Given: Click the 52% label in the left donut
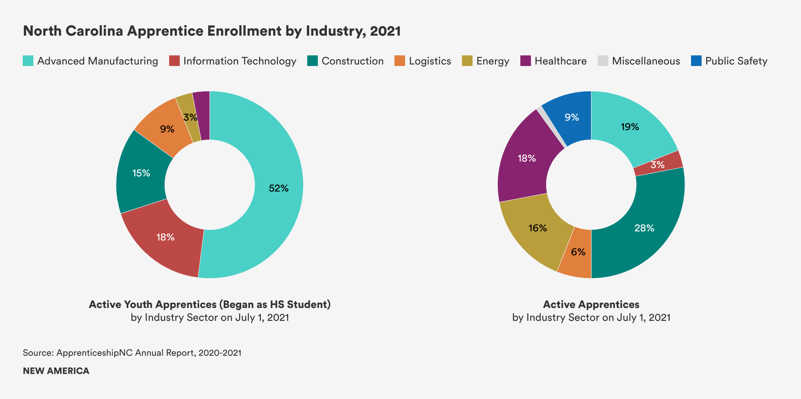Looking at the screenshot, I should point(278,188).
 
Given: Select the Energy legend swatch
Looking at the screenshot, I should point(467,61).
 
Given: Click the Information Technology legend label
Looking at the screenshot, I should point(240,61).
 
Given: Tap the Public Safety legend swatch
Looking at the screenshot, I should point(696,61).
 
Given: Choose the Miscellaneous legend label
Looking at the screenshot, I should point(646,61).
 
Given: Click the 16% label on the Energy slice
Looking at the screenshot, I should point(537,228).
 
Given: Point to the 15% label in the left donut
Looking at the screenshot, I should point(141,173).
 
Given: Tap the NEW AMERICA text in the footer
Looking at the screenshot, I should point(56,371).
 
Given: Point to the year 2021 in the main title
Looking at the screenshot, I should point(385,31).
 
